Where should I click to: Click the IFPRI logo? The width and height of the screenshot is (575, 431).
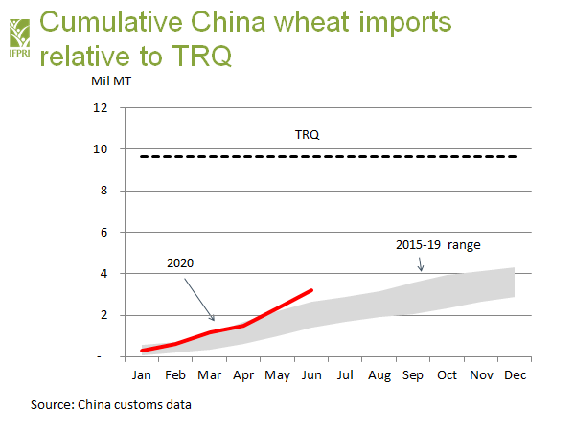18,30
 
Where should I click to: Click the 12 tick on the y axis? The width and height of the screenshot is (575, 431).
100,108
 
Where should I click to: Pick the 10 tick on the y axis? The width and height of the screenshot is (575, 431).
100,149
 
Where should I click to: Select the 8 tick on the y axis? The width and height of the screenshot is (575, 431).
103,191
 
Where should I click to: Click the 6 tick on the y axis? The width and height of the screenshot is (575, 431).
103,232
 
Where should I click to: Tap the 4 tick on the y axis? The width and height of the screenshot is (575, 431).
103,274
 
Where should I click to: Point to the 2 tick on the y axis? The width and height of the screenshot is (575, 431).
103,315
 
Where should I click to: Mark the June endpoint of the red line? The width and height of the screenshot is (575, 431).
310,289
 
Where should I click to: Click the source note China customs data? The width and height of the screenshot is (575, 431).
111,404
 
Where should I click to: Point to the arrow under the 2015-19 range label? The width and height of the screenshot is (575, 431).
421,264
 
